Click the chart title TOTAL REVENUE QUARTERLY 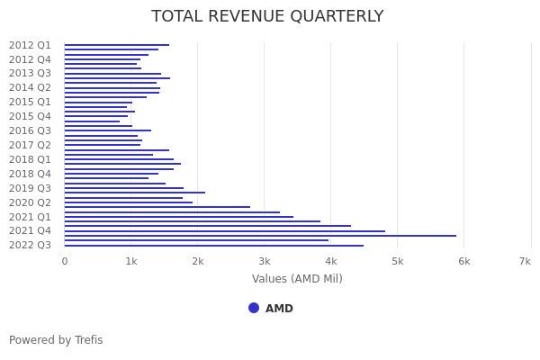click(267, 17)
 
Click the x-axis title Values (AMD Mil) click(297, 279)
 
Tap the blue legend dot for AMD click(254, 308)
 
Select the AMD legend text click(279, 309)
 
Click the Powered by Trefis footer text click(56, 340)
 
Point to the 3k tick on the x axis click(264, 261)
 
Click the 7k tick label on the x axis click(525, 261)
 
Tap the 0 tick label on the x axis click(64, 261)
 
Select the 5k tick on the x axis click(397, 261)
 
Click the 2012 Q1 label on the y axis click(31, 45)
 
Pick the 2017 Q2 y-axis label click(31, 145)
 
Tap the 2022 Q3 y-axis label click(31, 245)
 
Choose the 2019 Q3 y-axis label click(31, 188)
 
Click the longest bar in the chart click(260, 236)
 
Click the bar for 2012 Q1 click(116, 45)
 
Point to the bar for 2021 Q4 click(224, 231)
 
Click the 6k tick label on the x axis click(463, 261)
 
